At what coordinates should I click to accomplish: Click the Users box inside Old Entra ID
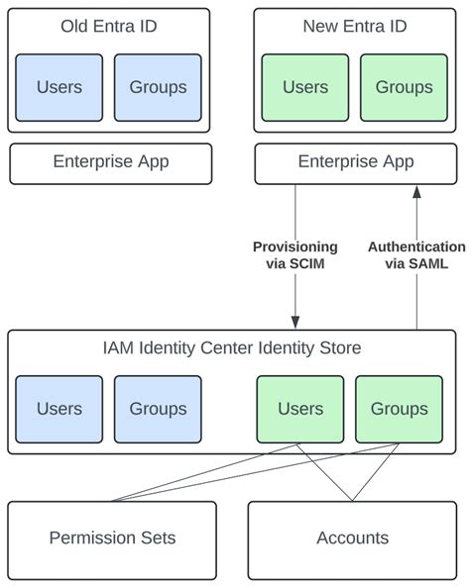tap(59, 87)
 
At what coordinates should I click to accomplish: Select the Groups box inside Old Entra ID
tap(158, 87)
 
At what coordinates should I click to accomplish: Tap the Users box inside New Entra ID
tap(305, 87)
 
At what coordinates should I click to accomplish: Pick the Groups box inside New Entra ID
tap(404, 87)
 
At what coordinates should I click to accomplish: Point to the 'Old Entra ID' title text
tap(109, 27)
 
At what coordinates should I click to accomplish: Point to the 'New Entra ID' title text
tap(355, 27)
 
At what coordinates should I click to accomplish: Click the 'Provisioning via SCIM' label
tap(294, 255)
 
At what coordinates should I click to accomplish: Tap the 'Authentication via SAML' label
tap(416, 255)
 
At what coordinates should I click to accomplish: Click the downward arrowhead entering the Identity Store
tap(295, 323)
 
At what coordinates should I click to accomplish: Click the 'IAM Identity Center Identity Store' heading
tap(232, 347)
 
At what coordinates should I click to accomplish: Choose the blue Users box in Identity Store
tap(59, 409)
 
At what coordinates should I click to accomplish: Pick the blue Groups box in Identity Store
tap(158, 409)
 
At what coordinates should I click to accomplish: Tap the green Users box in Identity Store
tap(300, 409)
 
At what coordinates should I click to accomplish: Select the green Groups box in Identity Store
tap(399, 409)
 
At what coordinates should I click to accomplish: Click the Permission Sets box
tap(112, 539)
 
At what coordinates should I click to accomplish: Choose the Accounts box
tap(352, 539)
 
